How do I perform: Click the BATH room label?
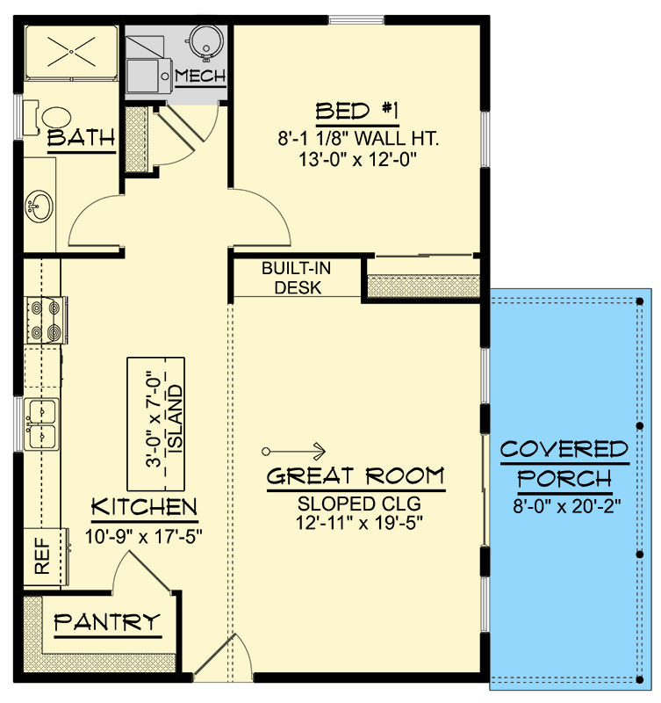81,138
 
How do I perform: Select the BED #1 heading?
357,112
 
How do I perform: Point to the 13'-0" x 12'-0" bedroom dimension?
357,159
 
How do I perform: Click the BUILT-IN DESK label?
291,278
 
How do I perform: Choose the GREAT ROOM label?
356,477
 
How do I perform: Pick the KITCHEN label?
144,507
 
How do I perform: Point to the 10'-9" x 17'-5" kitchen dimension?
144,533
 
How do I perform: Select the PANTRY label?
108,623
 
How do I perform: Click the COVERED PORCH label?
564,465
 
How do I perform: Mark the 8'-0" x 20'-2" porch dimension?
564,506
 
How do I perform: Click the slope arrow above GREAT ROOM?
295,451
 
